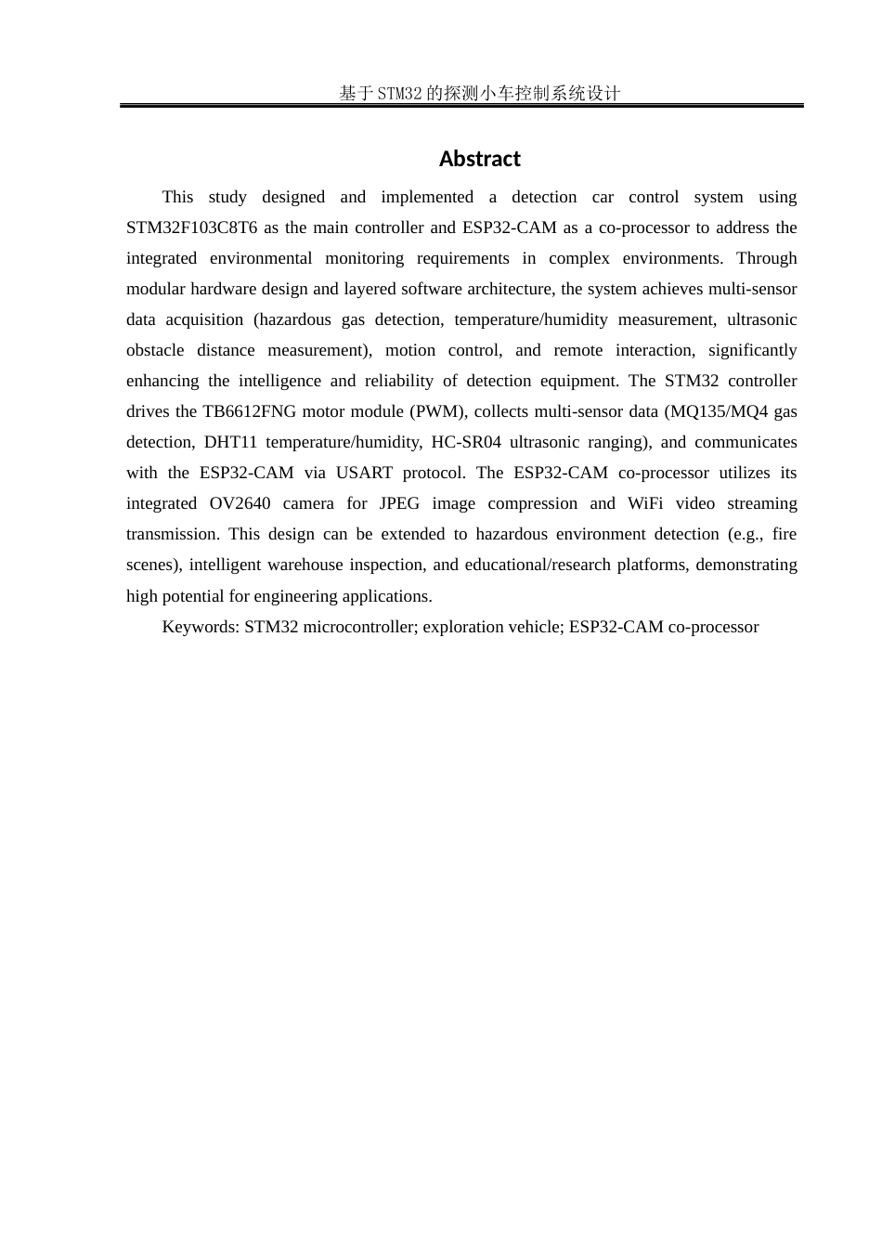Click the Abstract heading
479,159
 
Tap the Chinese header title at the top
479,93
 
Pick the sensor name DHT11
230,442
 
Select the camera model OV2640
240,503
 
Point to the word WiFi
645,503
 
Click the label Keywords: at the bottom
201,627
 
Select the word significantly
752,350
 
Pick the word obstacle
155,350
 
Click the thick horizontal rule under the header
461,106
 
